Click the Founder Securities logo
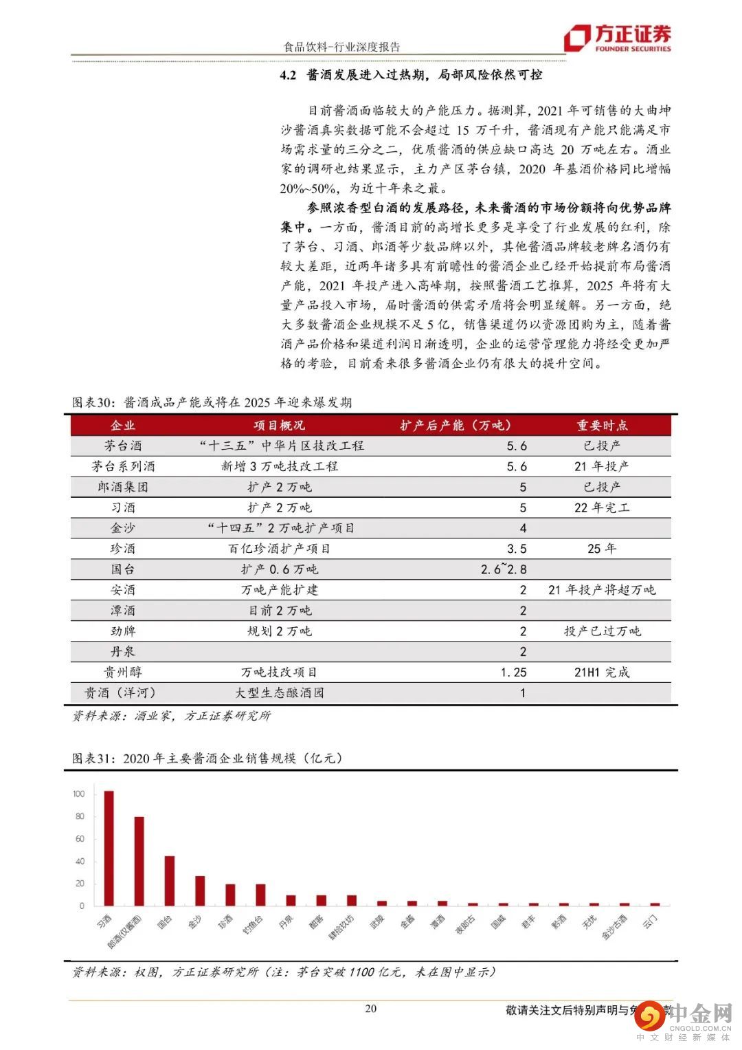pos(617,39)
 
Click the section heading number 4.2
pos(287,75)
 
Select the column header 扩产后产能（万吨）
pos(456,426)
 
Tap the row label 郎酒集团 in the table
pos(123,487)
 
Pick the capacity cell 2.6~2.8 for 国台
pos(504,569)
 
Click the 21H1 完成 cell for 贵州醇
pos(601,672)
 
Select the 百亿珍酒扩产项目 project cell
pos(279,549)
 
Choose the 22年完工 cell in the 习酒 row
pos(601,507)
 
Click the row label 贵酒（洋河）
pos(123,693)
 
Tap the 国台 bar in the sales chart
pos(169,881)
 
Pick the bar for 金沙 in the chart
pos(200,890)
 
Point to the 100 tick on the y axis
pos(79,794)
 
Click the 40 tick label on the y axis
pos(80,862)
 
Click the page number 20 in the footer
pos(371,1009)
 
